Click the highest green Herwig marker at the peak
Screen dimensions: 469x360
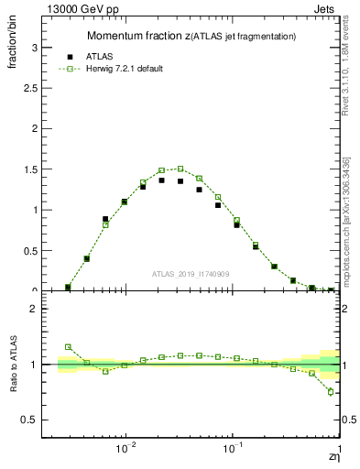pos(180,169)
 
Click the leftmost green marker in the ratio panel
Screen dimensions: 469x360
pos(68,347)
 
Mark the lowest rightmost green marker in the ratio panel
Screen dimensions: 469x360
pos(331,392)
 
